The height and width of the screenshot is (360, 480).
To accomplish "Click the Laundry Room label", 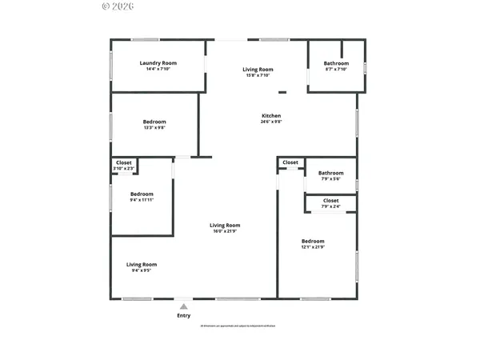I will coord(158,63).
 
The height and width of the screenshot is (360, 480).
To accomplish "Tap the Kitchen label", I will coord(271,116).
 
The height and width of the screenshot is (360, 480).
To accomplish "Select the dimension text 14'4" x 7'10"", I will coord(158,70).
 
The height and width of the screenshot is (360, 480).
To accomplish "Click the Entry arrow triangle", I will coord(184,306).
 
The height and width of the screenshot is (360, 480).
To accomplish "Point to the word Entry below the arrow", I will coord(184,316).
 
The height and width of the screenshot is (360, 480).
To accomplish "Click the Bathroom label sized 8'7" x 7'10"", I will coord(336,63).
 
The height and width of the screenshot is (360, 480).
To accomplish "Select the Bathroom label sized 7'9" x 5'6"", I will coord(330,173).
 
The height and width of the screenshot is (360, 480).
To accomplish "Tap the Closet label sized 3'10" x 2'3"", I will coord(124,162).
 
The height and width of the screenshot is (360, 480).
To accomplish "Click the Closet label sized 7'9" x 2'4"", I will coord(330,201).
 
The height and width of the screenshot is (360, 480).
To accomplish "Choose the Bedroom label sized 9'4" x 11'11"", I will coord(142,194).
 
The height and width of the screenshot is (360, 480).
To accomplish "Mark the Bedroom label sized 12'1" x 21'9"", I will coord(313,241).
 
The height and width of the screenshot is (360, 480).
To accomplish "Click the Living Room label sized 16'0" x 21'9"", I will coord(225,226).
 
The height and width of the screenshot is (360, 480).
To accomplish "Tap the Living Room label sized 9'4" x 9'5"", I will coord(142,264).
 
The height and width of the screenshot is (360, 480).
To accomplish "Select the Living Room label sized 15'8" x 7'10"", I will coord(258,70).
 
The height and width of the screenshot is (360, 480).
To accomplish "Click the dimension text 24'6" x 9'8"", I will coord(271,122).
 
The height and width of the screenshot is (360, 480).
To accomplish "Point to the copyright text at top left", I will coord(119,6).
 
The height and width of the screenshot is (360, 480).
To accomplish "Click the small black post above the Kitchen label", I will coord(282,92).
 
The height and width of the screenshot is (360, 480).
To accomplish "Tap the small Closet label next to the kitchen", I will coord(290,162).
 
